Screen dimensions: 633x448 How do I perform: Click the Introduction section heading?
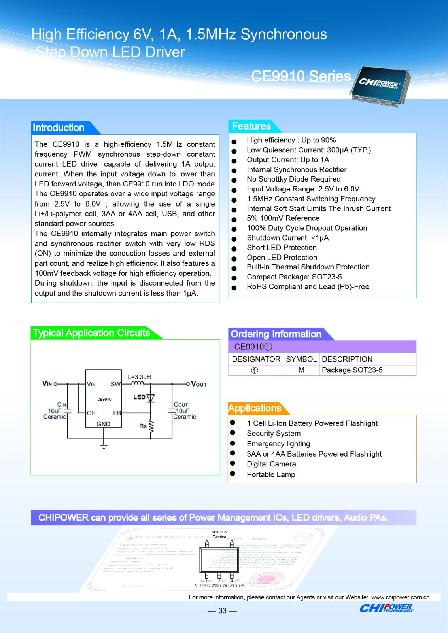(59, 128)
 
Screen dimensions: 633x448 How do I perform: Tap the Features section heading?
(251, 126)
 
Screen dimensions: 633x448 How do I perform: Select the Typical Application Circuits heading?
(91, 333)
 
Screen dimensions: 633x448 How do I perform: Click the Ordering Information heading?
(276, 334)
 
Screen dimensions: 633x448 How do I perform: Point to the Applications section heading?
(255, 408)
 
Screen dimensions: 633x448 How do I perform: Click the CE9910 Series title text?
(301, 76)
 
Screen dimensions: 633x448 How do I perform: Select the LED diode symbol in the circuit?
(150, 398)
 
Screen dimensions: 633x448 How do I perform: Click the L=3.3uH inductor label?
(139, 377)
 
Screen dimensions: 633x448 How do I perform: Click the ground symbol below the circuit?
(104, 446)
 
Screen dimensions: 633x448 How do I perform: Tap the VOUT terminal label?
(199, 384)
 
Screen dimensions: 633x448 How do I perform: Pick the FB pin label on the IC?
(117, 413)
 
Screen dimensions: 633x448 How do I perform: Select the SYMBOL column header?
(301, 359)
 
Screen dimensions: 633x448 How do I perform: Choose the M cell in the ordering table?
(301, 370)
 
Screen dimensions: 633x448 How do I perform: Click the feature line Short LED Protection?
(282, 248)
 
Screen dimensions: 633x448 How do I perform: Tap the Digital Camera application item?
(271, 464)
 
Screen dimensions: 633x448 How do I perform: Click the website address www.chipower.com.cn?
(400, 597)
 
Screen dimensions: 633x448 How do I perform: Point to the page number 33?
(222, 611)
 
